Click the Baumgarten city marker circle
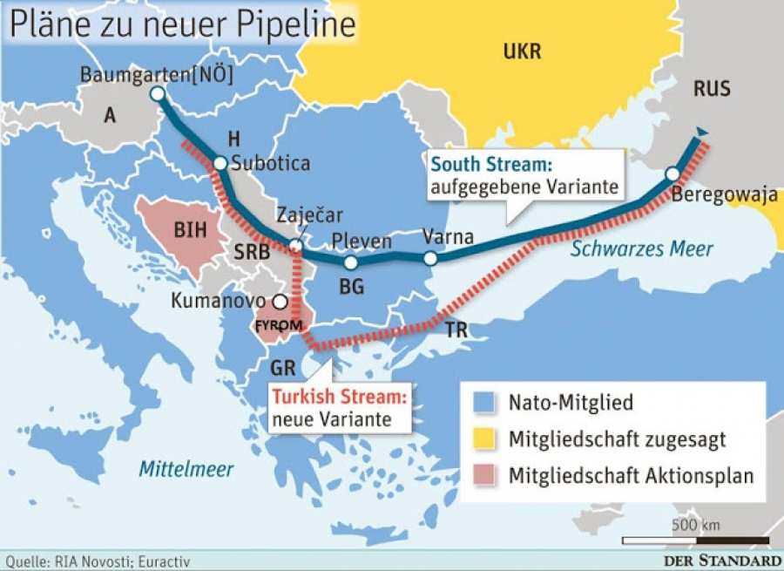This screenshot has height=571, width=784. pos(157,94)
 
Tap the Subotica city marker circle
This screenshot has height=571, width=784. pos(220,163)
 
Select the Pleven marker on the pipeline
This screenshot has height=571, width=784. pos(350,262)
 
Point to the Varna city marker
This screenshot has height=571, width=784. pos(430,258)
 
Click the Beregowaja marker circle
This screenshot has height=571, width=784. pos(672,173)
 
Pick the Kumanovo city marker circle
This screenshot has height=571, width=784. pos(280,302)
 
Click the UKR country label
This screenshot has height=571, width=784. pos(522,51)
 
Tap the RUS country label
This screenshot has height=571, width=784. pos(712,88)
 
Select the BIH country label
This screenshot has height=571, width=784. pos(191,231)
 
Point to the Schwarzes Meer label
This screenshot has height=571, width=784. pos(642,249)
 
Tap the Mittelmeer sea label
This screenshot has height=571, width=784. pos(186,469)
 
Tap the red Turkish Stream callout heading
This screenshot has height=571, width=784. pos(340,397)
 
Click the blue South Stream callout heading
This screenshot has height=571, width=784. pos(492,165)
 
